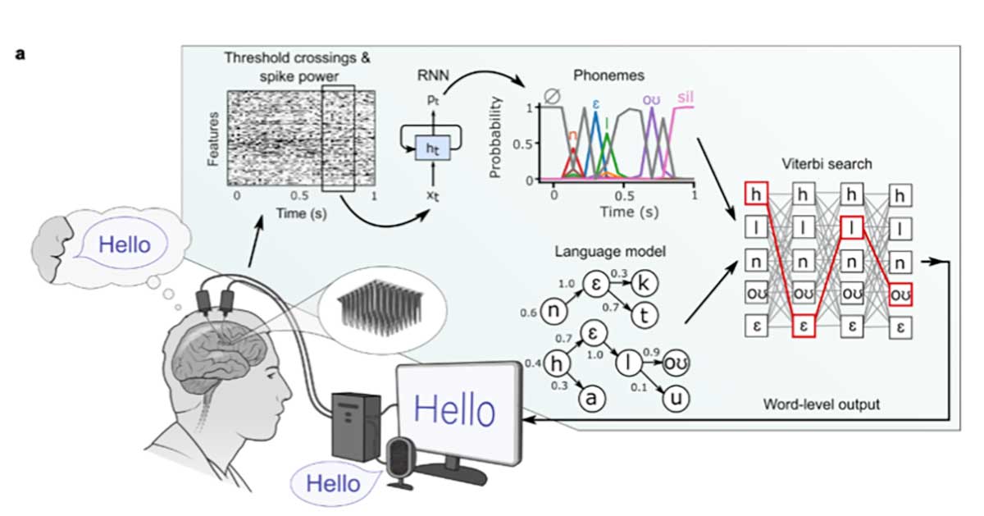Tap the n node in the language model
[x=556, y=312]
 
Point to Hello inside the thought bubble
[x=124, y=244]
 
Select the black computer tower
[x=355, y=423]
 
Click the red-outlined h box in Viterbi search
[x=756, y=194]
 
